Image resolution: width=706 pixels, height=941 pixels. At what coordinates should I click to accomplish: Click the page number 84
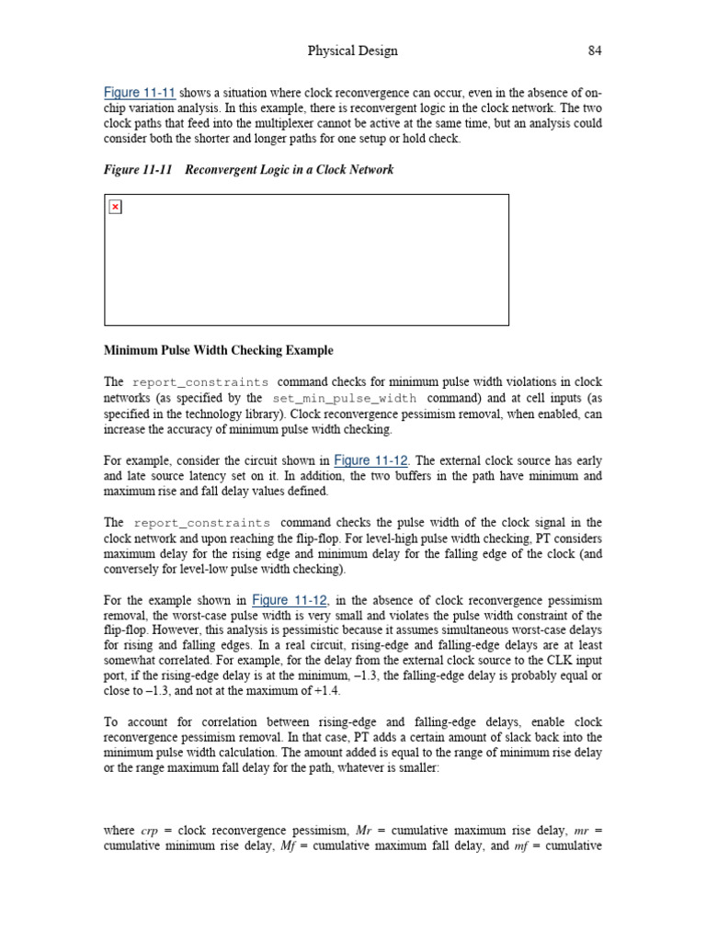pyautogui.click(x=595, y=51)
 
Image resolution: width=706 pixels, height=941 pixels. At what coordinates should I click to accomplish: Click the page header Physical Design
pyautogui.click(x=353, y=51)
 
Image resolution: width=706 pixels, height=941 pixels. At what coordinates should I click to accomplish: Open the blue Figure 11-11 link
pyautogui.click(x=140, y=93)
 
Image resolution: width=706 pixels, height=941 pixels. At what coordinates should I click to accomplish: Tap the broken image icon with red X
pyautogui.click(x=115, y=207)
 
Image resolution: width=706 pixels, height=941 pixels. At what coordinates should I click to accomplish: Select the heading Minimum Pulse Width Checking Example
pyautogui.click(x=219, y=350)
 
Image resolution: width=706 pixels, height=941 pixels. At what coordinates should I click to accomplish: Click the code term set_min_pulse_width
pyautogui.click(x=344, y=398)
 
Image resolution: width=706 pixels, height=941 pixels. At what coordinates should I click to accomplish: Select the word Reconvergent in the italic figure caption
pyautogui.click(x=224, y=170)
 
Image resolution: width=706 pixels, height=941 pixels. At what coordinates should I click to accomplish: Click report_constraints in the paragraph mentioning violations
pyautogui.click(x=200, y=382)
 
